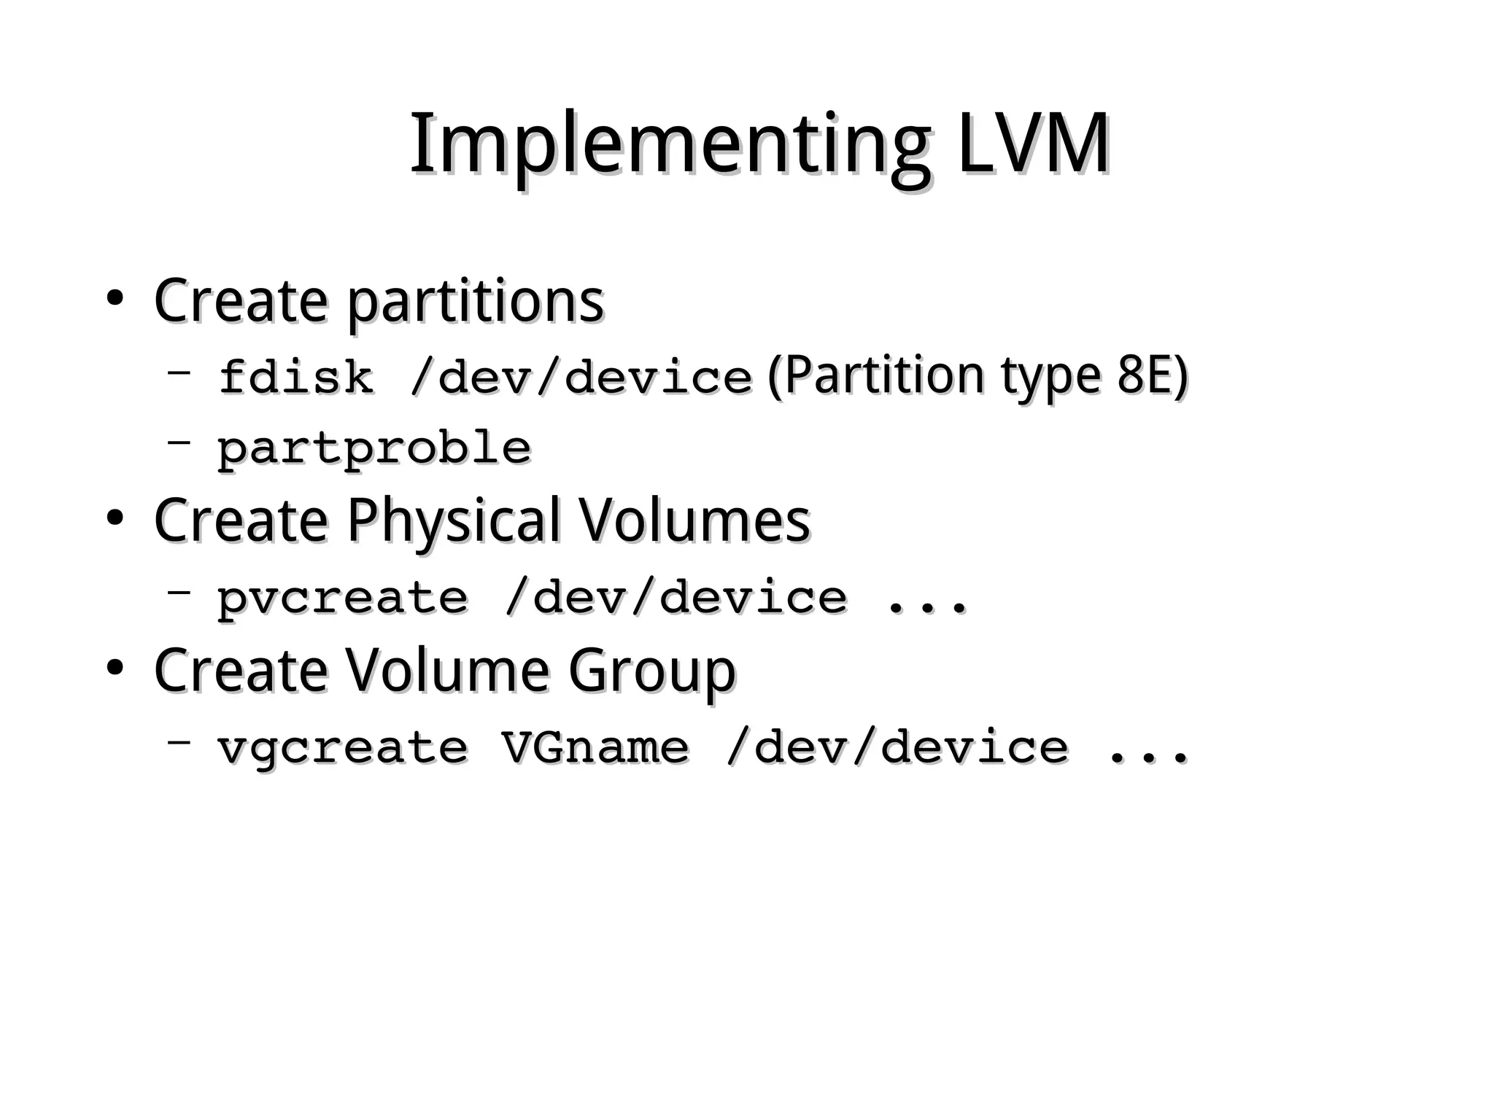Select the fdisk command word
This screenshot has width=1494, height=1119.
click(295, 378)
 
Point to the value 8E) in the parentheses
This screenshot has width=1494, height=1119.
click(1153, 375)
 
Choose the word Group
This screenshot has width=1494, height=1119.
click(651, 671)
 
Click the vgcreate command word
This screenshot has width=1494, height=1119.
click(342, 748)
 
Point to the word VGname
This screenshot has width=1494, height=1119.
click(595, 748)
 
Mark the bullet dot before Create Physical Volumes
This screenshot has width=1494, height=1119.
click(114, 518)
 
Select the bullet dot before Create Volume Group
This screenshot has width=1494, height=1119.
click(114, 668)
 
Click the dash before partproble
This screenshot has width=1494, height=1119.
click(179, 441)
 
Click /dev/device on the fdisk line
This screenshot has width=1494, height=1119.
click(581, 378)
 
